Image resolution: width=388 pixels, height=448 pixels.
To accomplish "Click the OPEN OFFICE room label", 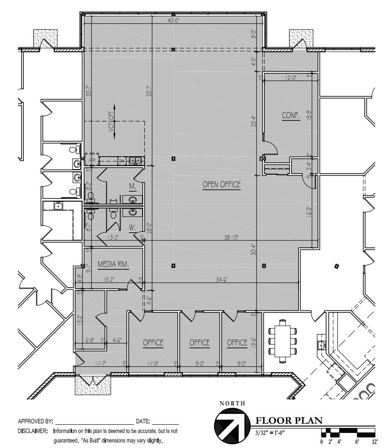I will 221,185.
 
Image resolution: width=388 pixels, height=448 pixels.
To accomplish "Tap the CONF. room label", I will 291,116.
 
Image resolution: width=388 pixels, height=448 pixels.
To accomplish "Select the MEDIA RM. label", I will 114,264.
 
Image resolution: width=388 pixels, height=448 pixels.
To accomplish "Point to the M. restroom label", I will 132,186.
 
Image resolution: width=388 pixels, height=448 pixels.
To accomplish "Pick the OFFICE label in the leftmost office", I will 153,343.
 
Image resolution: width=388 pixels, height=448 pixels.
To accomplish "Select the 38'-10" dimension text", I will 231,237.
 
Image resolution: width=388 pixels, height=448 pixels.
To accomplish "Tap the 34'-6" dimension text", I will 219,279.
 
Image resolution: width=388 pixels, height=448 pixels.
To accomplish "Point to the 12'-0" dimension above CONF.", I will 291,78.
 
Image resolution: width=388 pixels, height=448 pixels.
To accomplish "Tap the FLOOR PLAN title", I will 289,420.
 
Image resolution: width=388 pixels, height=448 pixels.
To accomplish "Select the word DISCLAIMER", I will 33,431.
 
